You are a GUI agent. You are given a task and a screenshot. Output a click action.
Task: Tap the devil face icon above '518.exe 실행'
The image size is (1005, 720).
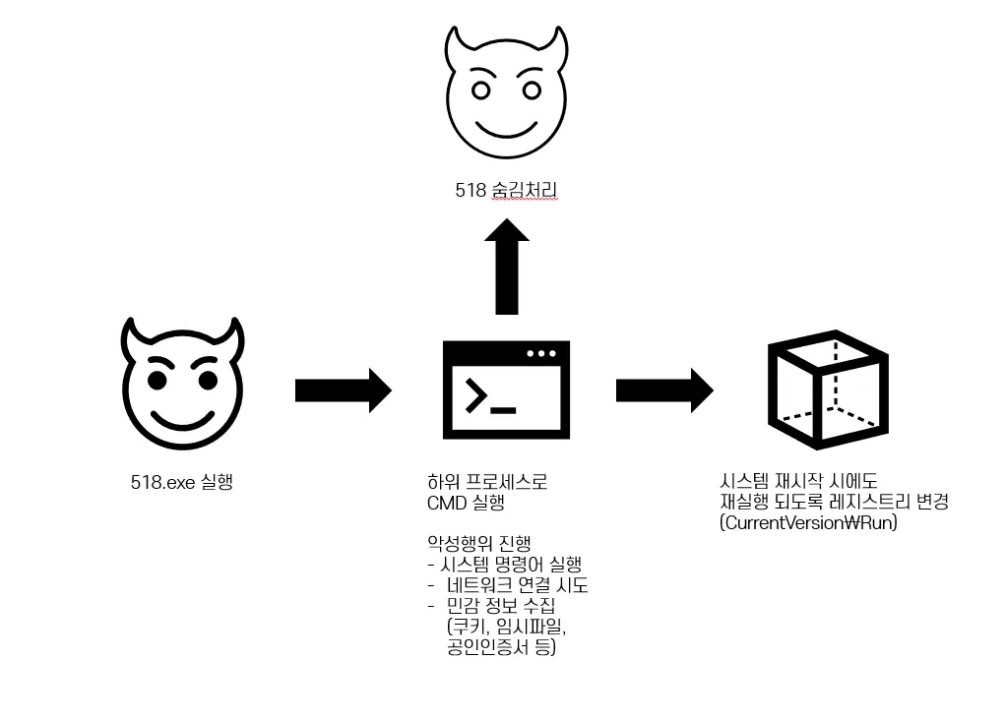pos(181,385)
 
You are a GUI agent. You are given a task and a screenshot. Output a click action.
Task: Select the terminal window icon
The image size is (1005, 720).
pos(506,390)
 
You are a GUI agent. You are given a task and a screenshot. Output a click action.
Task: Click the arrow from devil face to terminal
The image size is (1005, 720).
pos(343,390)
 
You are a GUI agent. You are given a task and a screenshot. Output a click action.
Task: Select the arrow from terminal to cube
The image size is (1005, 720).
pos(664,390)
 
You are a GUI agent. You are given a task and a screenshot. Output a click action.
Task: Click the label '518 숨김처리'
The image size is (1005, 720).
pos(506,191)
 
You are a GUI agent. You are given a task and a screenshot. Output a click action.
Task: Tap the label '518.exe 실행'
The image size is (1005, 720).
pos(182,483)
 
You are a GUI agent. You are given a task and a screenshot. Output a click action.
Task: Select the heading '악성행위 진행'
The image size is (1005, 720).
pos(478,544)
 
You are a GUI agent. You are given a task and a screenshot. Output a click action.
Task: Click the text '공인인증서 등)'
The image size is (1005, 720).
pos(501,647)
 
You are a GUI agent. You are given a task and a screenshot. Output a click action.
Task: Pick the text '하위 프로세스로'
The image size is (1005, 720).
pos(486,483)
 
